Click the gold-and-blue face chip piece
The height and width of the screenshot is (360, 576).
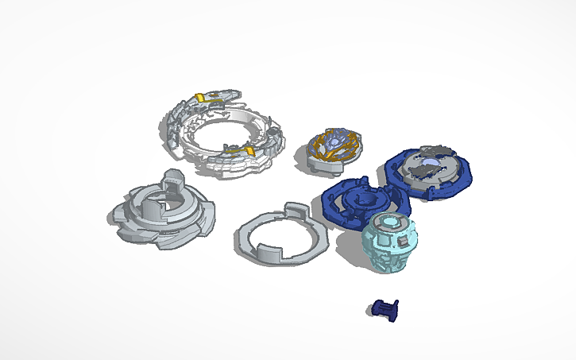pyautogui.click(x=335, y=148)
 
